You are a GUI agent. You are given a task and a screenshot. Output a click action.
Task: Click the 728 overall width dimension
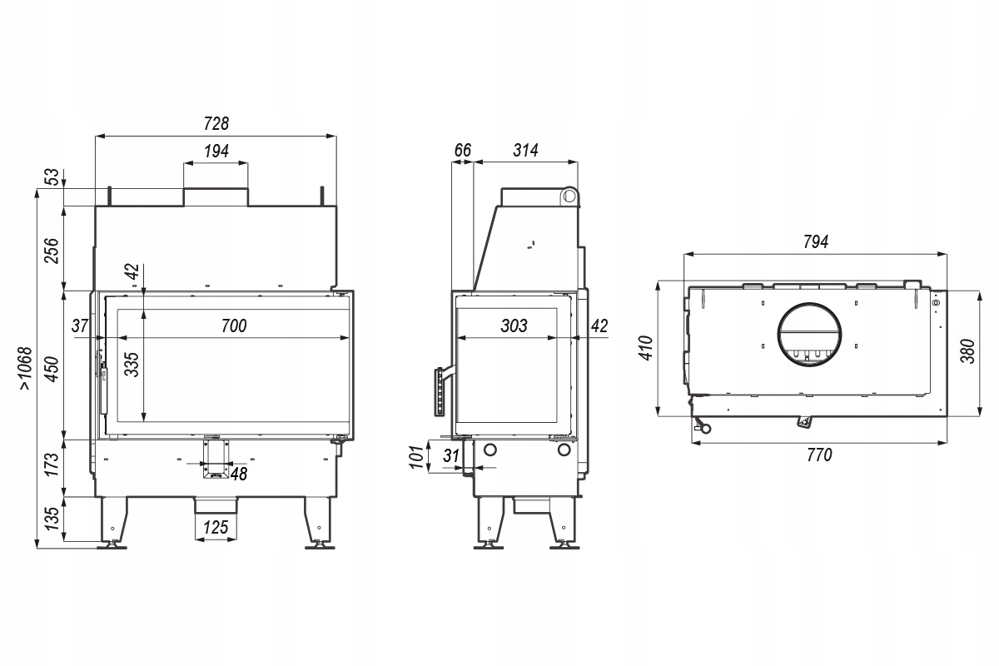tap(216, 123)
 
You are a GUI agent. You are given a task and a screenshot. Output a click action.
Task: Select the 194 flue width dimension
tap(216, 152)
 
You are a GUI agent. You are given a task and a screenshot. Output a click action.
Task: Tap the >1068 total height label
tap(26, 369)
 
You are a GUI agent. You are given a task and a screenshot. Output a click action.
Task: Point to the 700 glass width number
tap(234, 326)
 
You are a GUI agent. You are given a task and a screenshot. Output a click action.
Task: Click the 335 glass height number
tap(132, 365)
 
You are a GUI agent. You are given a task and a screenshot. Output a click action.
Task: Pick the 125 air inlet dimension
tap(216, 528)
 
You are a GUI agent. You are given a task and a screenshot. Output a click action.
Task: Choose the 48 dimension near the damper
tap(239, 475)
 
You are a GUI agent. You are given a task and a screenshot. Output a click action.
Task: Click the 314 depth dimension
tap(526, 151)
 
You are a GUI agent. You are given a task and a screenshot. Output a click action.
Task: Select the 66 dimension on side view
tap(463, 151)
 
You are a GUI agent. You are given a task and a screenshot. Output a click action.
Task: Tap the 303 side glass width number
tap(514, 326)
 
